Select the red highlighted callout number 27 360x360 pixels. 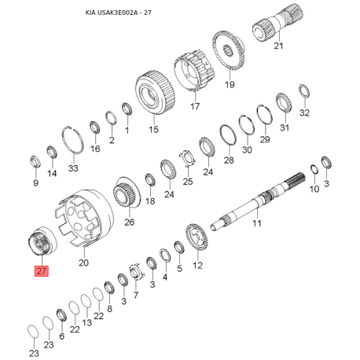41,271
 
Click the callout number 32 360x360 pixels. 305,112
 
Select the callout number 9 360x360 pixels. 35,183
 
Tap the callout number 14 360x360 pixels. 53,173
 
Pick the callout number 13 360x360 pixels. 86,322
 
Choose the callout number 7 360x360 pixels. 135,296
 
